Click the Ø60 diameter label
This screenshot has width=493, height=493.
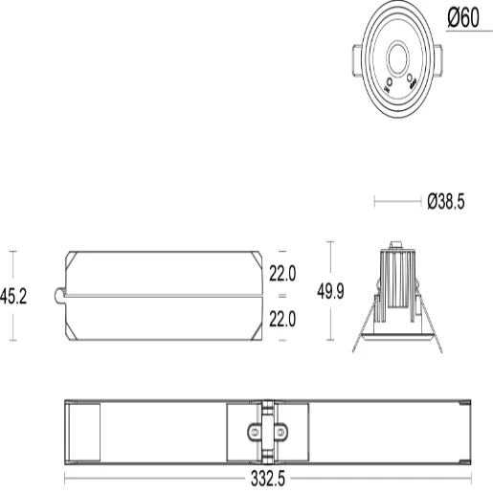(x=464, y=17)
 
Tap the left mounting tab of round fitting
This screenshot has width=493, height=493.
(x=354, y=58)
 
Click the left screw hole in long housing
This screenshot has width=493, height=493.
(x=255, y=432)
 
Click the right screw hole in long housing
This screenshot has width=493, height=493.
(x=280, y=432)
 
